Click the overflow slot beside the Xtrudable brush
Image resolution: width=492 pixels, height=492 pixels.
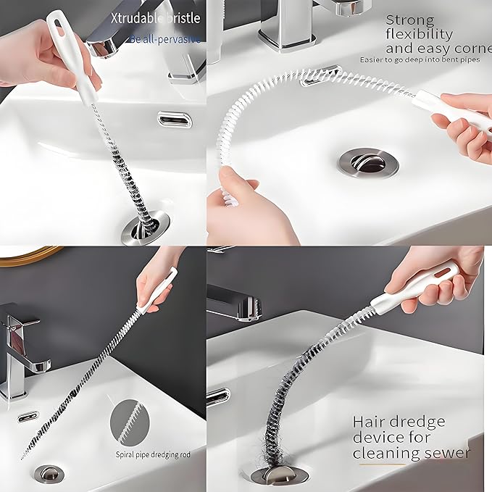175,117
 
